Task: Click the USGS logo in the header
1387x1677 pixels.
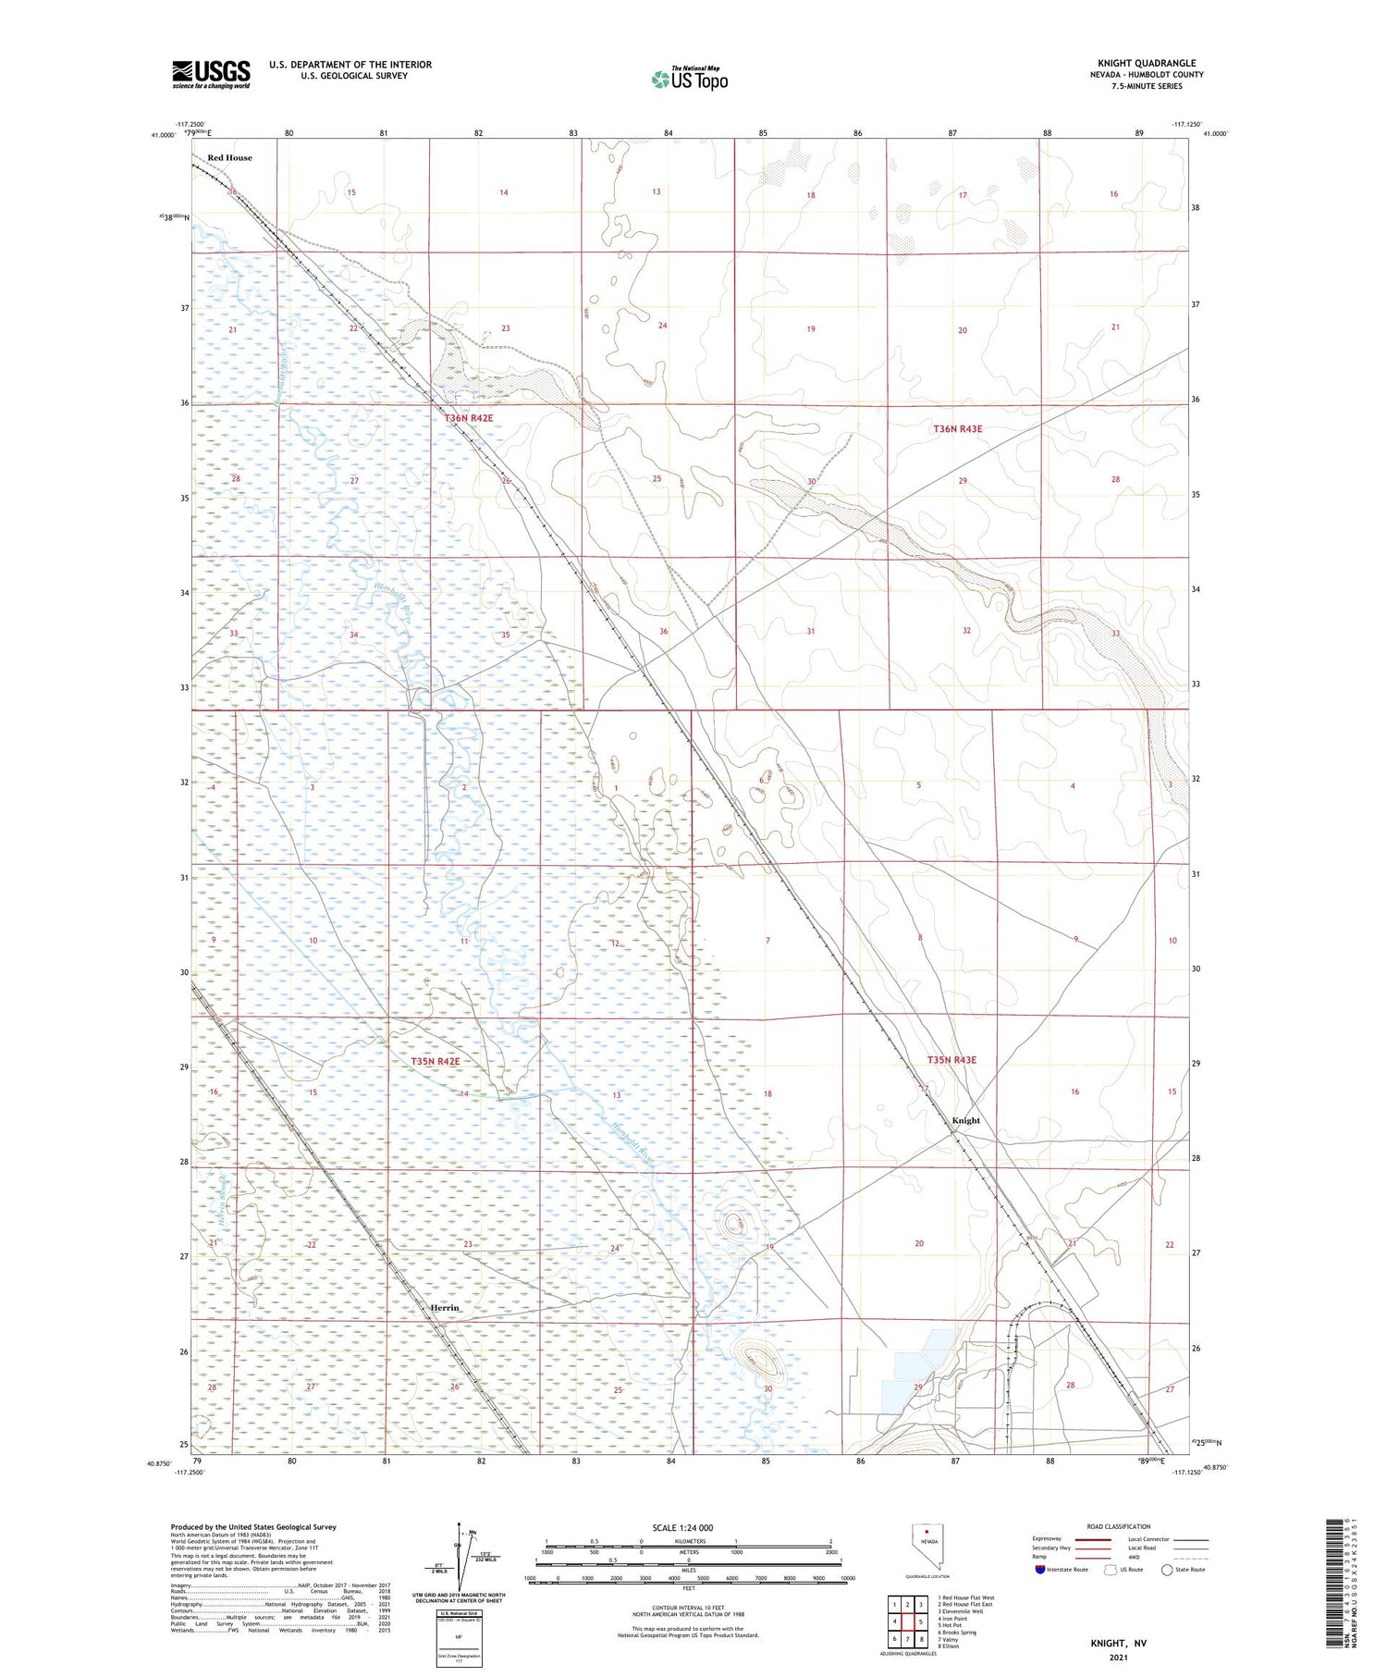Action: pos(211,74)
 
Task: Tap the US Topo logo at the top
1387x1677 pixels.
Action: pos(689,80)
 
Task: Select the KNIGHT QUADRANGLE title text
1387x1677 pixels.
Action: pos(1146,63)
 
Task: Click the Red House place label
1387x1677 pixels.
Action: pos(229,157)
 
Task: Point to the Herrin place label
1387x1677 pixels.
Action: pos(445,1307)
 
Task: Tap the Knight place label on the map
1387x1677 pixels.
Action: pos(965,1120)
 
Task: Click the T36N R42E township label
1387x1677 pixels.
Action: pos(469,418)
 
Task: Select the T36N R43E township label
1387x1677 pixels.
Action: pos(957,429)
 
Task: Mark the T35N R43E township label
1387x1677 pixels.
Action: pos(951,1060)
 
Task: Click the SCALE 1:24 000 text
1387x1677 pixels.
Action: pos(682,1527)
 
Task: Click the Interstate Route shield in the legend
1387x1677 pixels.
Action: pos(1040,1569)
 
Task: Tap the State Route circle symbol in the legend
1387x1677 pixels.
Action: pos(1167,1569)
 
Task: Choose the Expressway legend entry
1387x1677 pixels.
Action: pos(1048,1539)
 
